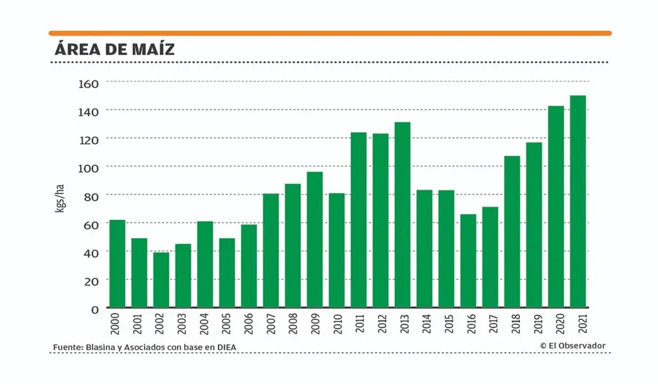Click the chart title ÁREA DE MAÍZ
pyautogui.click(x=114, y=49)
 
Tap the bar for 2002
pyautogui.click(x=161, y=280)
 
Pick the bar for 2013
pyautogui.click(x=402, y=215)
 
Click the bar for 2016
pyautogui.click(x=468, y=261)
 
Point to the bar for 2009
pyautogui.click(x=314, y=239)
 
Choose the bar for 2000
pyautogui.click(x=117, y=264)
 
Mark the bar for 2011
pyautogui.click(x=359, y=220)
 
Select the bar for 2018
pyautogui.click(x=511, y=232)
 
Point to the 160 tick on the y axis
pyautogui.click(x=88, y=83)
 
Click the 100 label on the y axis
pyautogui.click(x=88, y=167)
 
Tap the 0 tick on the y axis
pyautogui.click(x=94, y=309)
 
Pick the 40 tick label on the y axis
pyautogui.click(x=91, y=252)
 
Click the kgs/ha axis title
pyautogui.click(x=60, y=199)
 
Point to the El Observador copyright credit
pyautogui.click(x=573, y=346)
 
